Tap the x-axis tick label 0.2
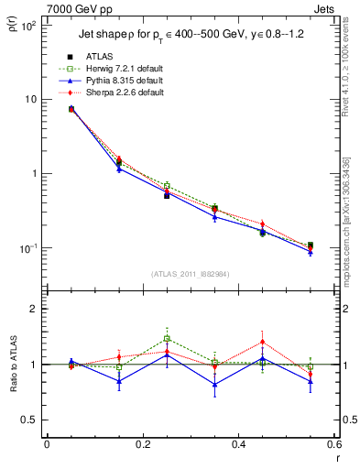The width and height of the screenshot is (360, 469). click(142, 445)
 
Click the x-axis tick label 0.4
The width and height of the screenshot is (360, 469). click(238, 445)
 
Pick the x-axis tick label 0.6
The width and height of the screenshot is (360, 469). click(333, 445)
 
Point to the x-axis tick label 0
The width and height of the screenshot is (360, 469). click(47, 445)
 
